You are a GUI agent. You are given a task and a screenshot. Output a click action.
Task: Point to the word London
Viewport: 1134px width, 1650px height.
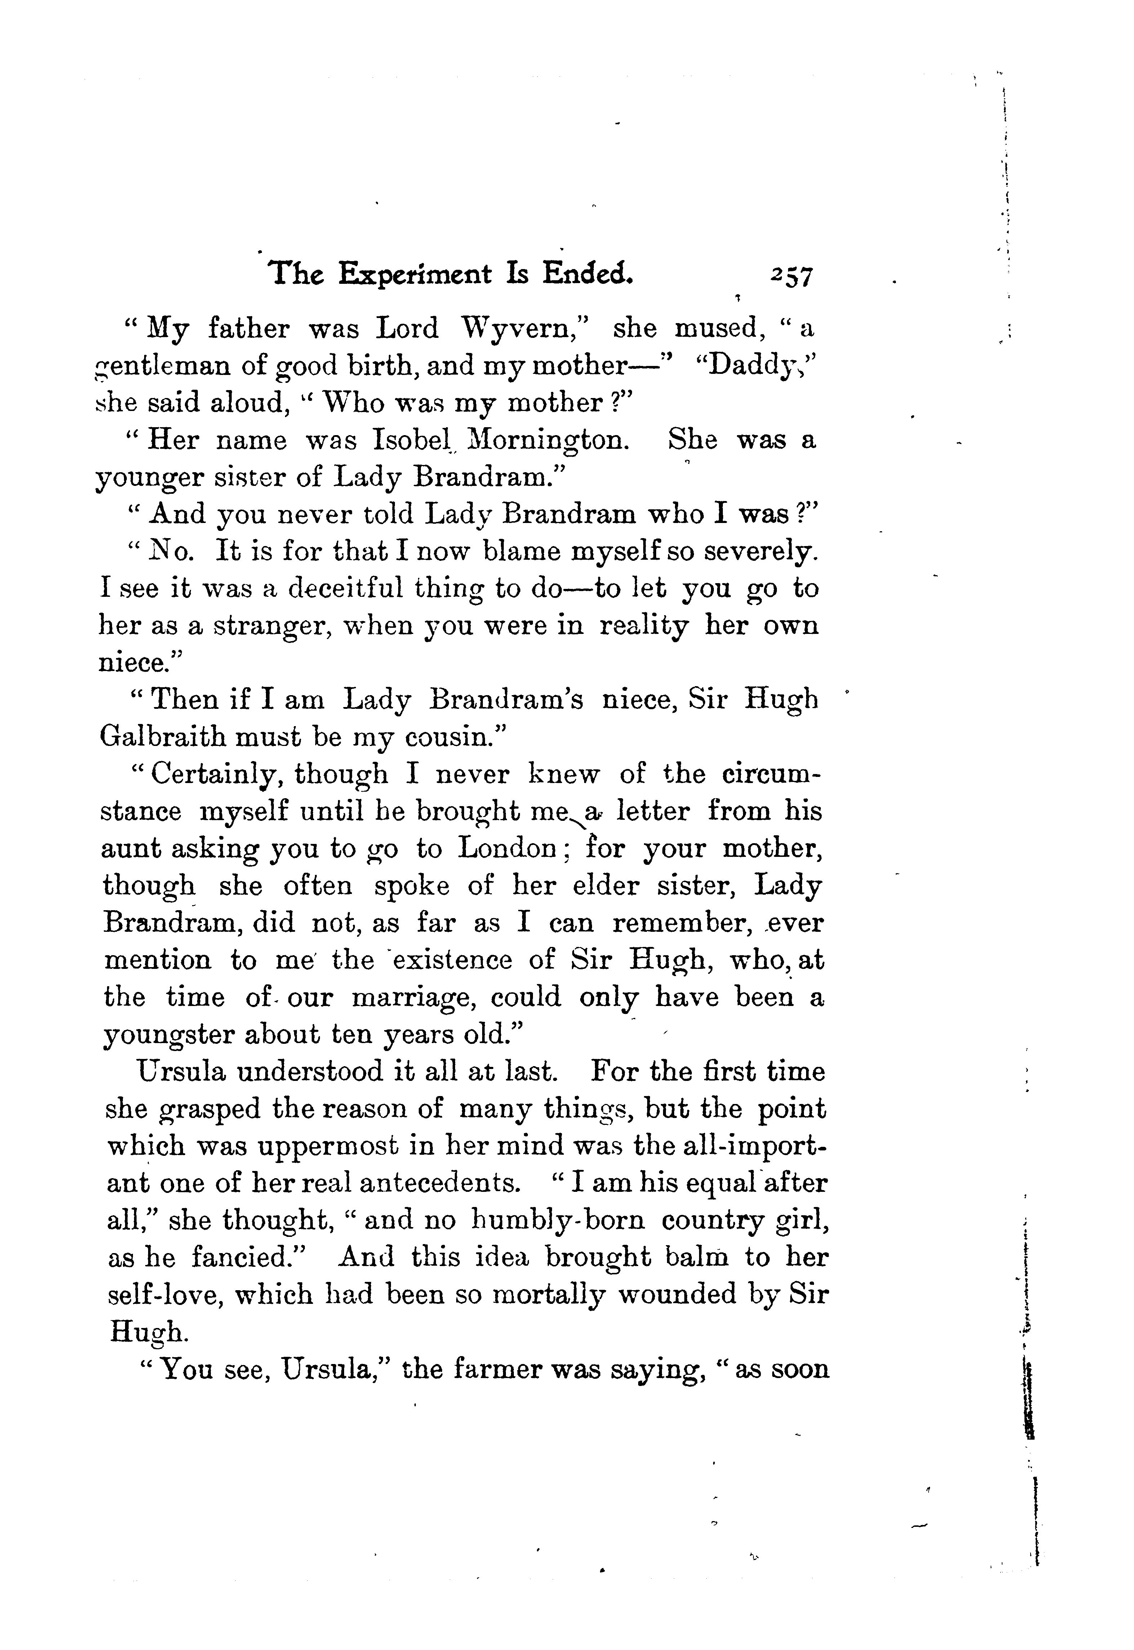[x=507, y=849]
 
